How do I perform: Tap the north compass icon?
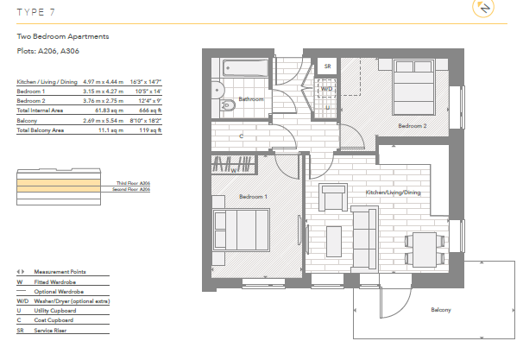(x=484, y=9)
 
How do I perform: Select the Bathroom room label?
(x=251, y=99)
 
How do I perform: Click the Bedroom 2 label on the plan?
(x=412, y=126)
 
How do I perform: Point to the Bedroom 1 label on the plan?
(x=254, y=198)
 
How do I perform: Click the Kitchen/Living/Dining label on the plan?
(x=393, y=192)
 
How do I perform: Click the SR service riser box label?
(x=327, y=66)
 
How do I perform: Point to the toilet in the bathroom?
(x=226, y=105)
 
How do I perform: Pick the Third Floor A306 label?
(x=134, y=183)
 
